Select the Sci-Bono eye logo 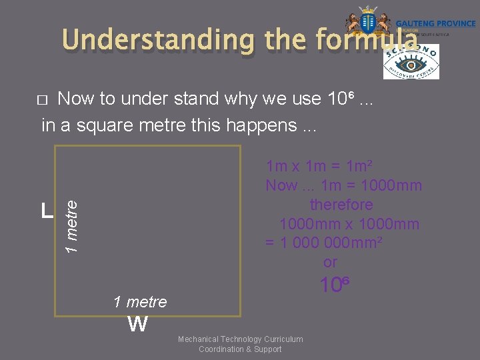tap(411, 61)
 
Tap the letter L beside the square tap(46, 211)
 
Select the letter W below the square tap(137, 325)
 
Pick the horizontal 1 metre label tap(140, 302)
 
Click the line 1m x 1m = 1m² tap(319, 165)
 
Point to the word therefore tap(341, 205)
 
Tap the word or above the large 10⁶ tap(330, 262)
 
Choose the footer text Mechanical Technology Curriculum tap(240, 339)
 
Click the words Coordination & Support tap(240, 349)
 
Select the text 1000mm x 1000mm tap(349, 224)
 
